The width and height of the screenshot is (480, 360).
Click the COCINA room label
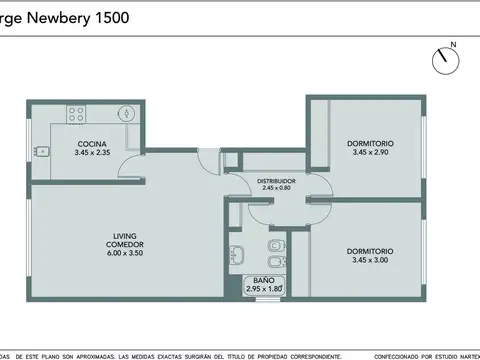[x=92, y=145]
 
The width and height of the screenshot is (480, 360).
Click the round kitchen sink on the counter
[x=124, y=113]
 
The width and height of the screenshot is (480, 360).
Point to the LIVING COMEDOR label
[x=125, y=241]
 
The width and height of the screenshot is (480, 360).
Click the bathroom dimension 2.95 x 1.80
[x=264, y=289]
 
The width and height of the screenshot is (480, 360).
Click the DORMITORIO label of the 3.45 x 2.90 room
[x=370, y=143]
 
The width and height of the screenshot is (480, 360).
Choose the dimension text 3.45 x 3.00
[x=370, y=260]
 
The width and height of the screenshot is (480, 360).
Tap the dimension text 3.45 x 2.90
[x=370, y=152]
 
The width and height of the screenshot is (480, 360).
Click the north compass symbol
[x=443, y=58]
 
